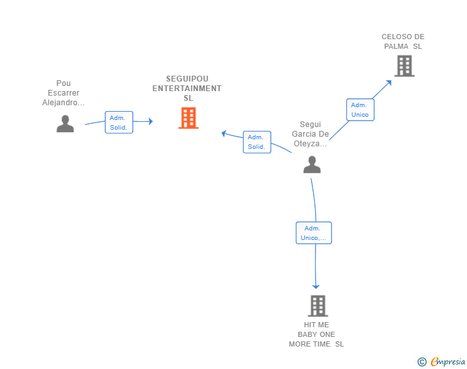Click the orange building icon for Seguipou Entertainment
[x=189, y=118]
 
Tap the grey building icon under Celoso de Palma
[x=404, y=66]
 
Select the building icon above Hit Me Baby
[x=318, y=306]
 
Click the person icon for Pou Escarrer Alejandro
[x=65, y=123]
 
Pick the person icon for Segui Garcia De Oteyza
[x=312, y=164]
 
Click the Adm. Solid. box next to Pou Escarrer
[x=119, y=122]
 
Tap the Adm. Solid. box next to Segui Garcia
[x=257, y=142]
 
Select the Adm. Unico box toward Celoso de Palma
[x=361, y=110]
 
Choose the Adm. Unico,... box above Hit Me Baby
[x=314, y=233]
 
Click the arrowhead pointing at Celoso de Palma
[x=389, y=83]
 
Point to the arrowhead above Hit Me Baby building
[x=316, y=286]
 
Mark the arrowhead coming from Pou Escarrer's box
[x=151, y=121]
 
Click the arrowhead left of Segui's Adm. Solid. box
[x=224, y=133]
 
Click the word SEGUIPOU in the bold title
[x=187, y=79]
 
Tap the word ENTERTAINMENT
[x=187, y=88]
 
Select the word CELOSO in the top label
[x=392, y=37]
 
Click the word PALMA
[x=396, y=46]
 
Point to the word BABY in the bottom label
[x=306, y=334]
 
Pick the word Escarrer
[x=64, y=93]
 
